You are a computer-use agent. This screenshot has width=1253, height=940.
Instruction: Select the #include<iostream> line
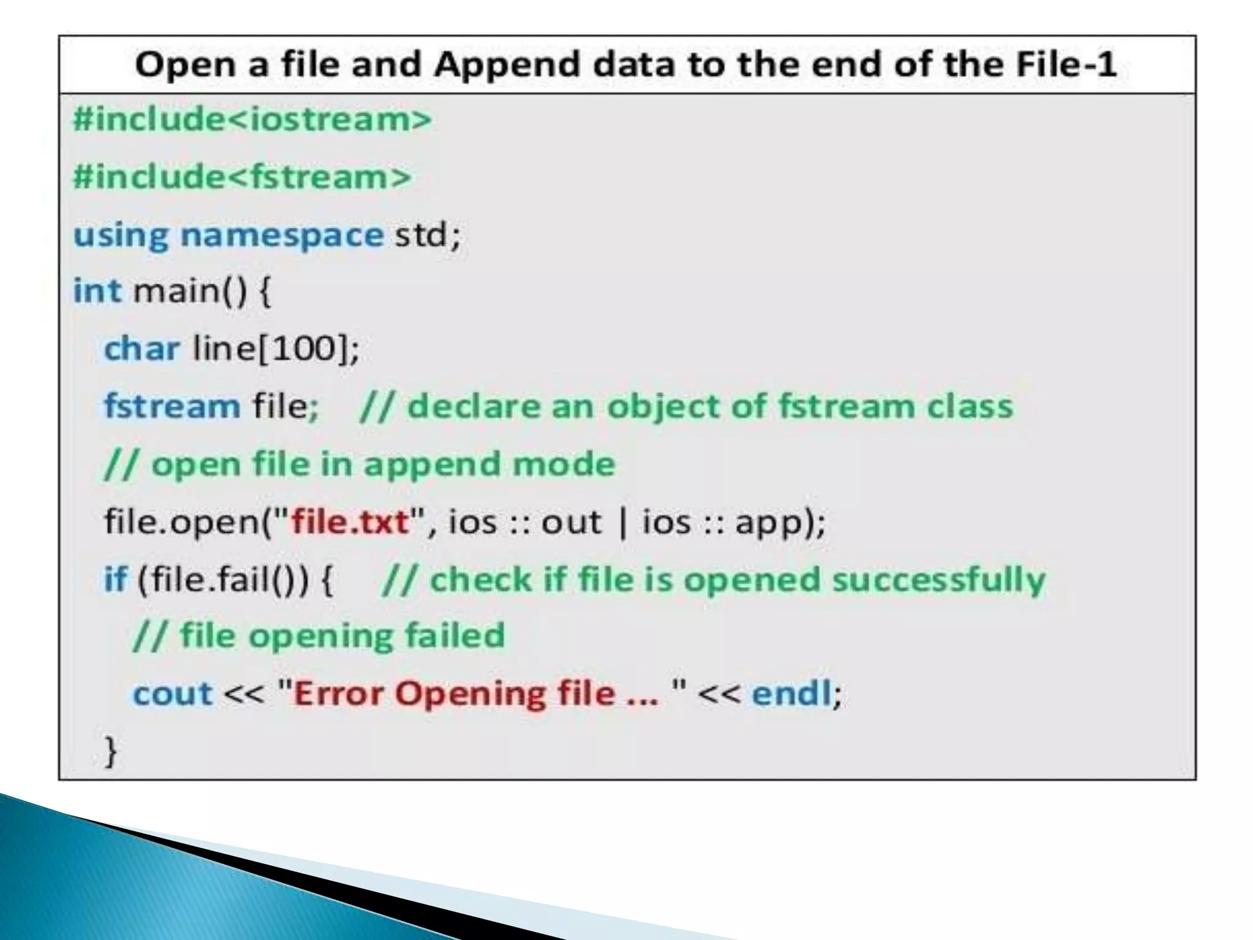coord(252,119)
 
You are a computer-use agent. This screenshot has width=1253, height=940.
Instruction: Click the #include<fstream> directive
coord(242,177)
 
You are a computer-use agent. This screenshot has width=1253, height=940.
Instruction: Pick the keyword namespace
coord(282,236)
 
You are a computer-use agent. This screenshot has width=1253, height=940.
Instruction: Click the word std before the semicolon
coord(421,234)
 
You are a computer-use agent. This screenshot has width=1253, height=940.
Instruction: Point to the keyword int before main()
coord(97,291)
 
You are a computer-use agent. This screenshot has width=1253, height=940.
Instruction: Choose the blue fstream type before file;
coord(172,406)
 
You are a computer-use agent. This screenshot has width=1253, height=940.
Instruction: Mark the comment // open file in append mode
coord(360,464)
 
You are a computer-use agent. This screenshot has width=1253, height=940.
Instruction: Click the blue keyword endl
coord(791,694)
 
